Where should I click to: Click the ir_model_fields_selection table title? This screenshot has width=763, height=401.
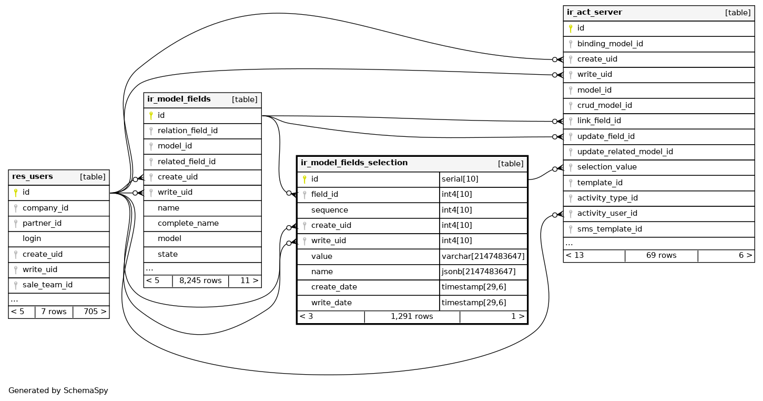point(354,163)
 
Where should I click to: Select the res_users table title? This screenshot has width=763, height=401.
point(33,177)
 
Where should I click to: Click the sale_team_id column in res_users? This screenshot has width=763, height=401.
point(47,285)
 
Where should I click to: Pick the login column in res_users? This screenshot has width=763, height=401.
point(32,239)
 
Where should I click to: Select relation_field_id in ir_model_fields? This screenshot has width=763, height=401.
point(187,131)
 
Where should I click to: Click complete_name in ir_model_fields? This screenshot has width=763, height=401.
point(188,223)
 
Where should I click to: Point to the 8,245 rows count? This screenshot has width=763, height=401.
point(200,280)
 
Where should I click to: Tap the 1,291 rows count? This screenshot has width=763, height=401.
point(412,317)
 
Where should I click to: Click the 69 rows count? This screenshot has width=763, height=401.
point(661,255)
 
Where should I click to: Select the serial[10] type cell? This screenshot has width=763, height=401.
point(460,179)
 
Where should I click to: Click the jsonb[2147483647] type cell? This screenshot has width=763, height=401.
point(479,272)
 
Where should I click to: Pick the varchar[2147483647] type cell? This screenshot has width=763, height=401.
point(483,256)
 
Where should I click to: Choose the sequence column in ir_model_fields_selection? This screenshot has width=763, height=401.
point(329,210)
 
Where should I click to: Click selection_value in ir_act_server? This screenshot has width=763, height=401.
point(607,167)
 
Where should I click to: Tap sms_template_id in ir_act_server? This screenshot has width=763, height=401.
point(609,229)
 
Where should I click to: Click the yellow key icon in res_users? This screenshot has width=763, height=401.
point(16,193)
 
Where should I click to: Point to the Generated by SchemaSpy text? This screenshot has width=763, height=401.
point(58,391)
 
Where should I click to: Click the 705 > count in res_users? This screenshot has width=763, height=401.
point(95,312)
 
